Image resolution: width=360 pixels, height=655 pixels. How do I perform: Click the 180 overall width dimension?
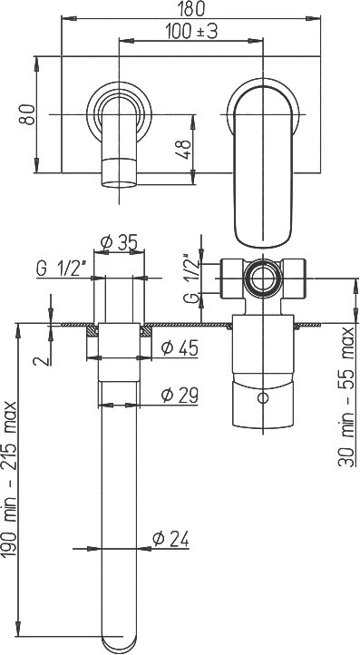(x=191, y=8)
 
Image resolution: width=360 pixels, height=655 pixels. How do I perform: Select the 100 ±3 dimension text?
(x=191, y=32)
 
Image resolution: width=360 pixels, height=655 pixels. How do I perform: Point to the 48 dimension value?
(x=185, y=149)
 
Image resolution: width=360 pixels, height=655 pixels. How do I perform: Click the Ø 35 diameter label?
(x=120, y=242)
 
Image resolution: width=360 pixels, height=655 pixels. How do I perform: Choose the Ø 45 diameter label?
(x=180, y=347)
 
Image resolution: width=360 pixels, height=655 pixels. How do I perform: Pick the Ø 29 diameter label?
(x=180, y=395)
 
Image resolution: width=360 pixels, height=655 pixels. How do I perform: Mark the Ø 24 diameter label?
(x=170, y=539)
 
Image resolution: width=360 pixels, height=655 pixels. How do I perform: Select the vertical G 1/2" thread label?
(x=192, y=279)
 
